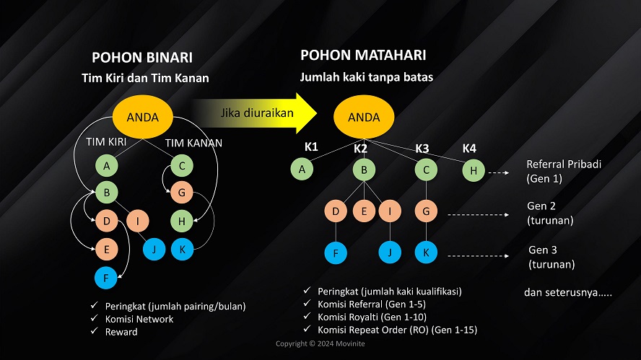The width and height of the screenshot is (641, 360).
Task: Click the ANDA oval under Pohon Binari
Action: (x=143, y=117)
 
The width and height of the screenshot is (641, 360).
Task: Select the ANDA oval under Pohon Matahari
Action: (x=364, y=117)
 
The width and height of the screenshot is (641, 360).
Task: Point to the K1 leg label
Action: (x=311, y=147)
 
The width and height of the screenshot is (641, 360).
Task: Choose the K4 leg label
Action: (x=469, y=149)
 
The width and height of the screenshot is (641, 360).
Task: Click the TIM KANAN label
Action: (x=194, y=143)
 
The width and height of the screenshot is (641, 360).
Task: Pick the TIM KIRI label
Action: (x=106, y=142)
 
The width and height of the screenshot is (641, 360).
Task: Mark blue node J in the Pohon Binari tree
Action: (x=153, y=250)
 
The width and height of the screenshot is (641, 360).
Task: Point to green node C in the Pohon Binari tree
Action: (x=182, y=167)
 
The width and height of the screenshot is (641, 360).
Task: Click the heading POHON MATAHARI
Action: (x=363, y=55)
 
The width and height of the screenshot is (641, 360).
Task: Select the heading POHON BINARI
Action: (x=142, y=58)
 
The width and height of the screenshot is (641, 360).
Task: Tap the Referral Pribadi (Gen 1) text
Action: (x=564, y=171)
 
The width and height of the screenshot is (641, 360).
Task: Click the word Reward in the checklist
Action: (x=121, y=332)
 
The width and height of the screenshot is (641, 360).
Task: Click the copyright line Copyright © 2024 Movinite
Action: (x=320, y=343)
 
